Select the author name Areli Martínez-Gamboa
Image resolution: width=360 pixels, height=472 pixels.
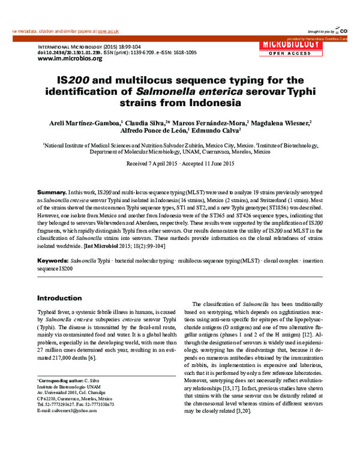[x=82, y=122]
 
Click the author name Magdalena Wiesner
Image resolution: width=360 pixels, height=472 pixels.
[x=281, y=122]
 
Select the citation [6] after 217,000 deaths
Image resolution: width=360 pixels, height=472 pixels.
[x=92, y=358]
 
